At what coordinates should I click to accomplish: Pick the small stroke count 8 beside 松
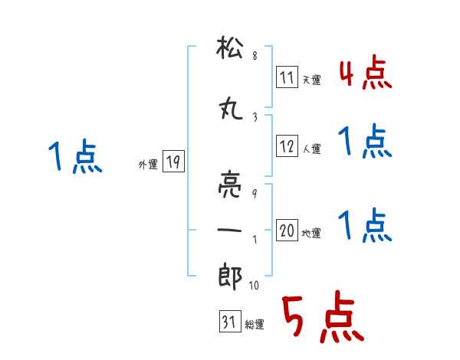pyautogui.click(x=255, y=57)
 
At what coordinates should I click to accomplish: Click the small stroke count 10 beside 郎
pyautogui.click(x=255, y=286)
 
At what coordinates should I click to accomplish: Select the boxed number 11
pyautogui.click(x=287, y=78)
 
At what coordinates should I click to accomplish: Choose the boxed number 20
pyautogui.click(x=287, y=231)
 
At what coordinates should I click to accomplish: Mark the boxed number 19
pyautogui.click(x=173, y=162)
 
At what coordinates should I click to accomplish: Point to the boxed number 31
pyautogui.click(x=228, y=323)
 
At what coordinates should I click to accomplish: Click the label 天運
pyautogui.click(x=312, y=80)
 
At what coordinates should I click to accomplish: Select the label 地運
pyautogui.click(x=312, y=233)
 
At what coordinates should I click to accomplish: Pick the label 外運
pyautogui.click(x=147, y=163)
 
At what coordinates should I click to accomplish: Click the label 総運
pyautogui.click(x=254, y=325)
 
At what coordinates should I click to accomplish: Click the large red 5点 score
pyautogui.click(x=321, y=318)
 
